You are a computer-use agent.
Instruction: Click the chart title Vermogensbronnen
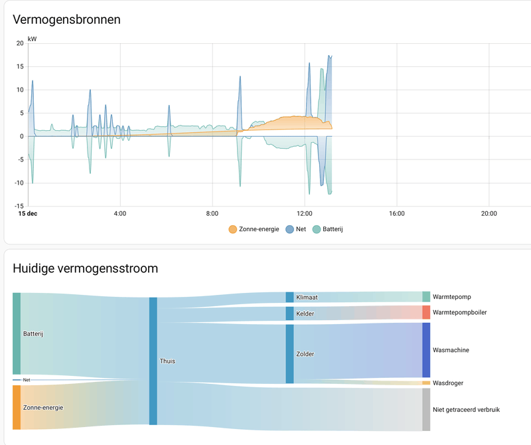[67, 19]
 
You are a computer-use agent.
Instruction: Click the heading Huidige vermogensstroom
[86, 268]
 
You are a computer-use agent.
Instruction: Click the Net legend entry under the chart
[295, 229]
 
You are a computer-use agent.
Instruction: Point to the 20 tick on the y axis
[20, 43]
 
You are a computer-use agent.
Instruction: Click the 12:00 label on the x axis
[305, 214]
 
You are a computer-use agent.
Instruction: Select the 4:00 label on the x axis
[120, 214]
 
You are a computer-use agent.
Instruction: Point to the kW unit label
[33, 39]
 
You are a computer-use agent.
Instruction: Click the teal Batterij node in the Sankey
[17, 333]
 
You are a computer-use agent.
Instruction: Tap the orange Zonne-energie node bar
[17, 407]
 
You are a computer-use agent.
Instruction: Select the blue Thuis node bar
[153, 361]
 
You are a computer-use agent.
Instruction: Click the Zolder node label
[305, 354]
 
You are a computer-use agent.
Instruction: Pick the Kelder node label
[305, 313]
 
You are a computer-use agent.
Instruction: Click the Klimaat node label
[307, 298]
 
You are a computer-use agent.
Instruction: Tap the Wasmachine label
[451, 349]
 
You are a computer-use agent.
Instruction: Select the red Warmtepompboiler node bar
[426, 312]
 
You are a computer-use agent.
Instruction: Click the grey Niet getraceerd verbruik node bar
[426, 410]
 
